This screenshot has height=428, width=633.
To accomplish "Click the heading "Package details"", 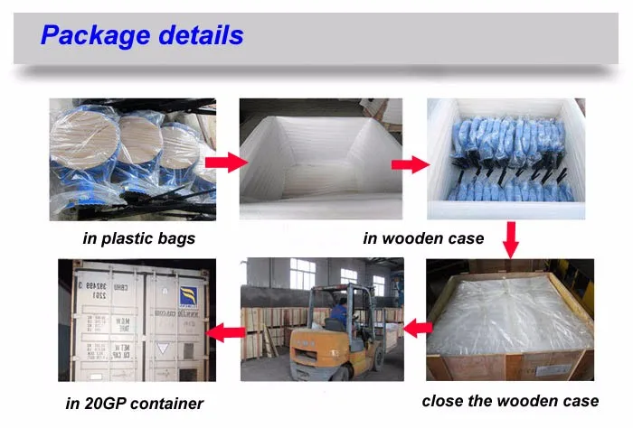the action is tap(142, 35).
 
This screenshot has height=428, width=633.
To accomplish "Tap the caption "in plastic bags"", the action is tap(138, 238).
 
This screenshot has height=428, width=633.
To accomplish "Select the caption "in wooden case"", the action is tap(422, 238).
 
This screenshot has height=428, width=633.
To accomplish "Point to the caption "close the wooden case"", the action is tap(510, 400).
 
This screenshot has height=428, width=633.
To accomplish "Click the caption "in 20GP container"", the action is tap(134, 403).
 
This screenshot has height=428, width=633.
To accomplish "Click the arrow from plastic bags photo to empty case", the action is tap(225, 163).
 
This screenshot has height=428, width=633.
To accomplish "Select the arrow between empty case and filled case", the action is tap(410, 165).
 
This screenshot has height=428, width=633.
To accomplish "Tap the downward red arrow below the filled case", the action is tap(511, 239).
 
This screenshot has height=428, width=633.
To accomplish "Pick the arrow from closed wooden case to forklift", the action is tap(415, 327).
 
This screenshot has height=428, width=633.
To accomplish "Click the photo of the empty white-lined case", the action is tap(320, 160).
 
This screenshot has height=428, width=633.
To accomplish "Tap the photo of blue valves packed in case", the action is tap(510, 161).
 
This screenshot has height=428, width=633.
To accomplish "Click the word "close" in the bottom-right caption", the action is tap(444, 400).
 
